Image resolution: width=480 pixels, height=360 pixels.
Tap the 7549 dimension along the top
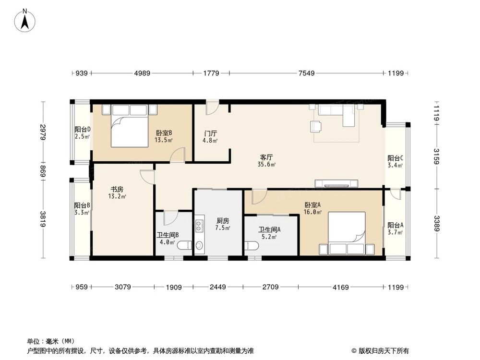pyautogui.click(x=306, y=73)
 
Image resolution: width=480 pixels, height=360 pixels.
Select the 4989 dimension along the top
pyautogui.click(x=142, y=73)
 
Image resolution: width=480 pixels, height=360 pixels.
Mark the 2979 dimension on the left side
pyautogui.click(x=43, y=132)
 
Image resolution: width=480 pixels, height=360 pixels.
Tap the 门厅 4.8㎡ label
pyautogui.click(x=210, y=137)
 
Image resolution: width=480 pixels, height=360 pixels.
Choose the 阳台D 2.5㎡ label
pyautogui.click(x=82, y=133)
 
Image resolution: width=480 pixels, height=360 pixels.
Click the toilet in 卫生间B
pyautogui.click(x=184, y=246)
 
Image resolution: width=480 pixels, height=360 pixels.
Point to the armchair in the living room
pyautogui.click(x=316, y=126)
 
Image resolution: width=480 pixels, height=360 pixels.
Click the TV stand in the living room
pyautogui.click(x=336, y=183)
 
